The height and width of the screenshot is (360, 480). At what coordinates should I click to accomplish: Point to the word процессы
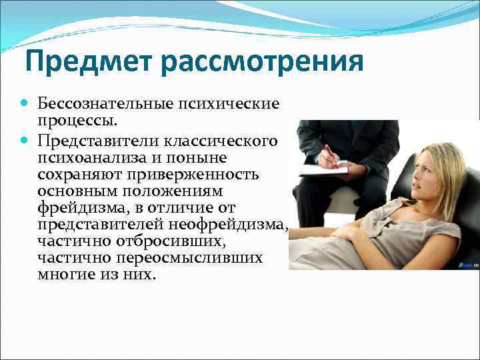pyautogui.click(x=78, y=122)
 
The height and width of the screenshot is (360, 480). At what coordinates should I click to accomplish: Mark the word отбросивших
pyautogui.click(x=150, y=242)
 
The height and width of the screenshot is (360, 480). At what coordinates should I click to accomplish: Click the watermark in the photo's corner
pyautogui.click(x=467, y=264)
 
